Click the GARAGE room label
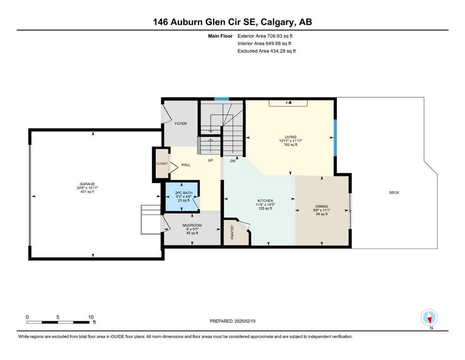(87, 184)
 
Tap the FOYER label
(181, 123)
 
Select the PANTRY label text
(232, 232)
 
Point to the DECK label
(394, 193)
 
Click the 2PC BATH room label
(184, 193)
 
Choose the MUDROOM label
(192, 225)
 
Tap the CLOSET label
(162, 164)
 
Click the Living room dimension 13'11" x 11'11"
(290, 141)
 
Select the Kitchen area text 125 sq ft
(265, 208)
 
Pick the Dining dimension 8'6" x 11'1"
(322, 210)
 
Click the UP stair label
(210, 160)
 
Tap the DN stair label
(233, 161)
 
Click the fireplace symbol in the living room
(288, 103)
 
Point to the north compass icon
(429, 317)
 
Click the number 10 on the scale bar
(91, 317)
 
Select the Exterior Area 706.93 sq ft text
(265, 36)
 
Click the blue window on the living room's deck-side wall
(335, 138)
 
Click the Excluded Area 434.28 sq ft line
(266, 51)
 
